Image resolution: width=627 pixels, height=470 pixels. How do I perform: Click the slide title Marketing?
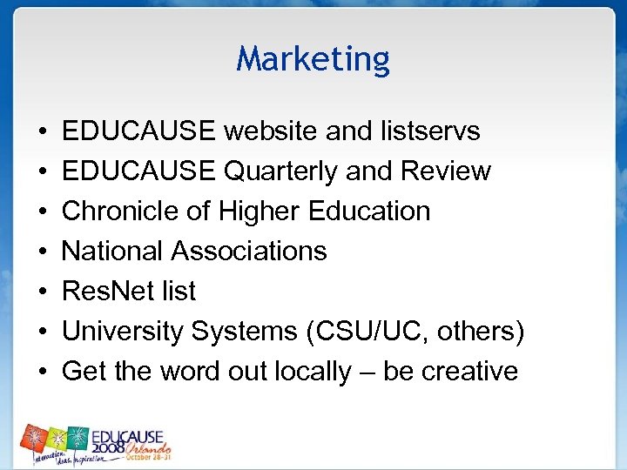[x=313, y=59]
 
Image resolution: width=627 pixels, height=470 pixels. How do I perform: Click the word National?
[x=113, y=252]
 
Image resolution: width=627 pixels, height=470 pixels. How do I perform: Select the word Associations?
[x=249, y=252]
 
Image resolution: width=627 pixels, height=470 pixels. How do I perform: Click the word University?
[x=123, y=332]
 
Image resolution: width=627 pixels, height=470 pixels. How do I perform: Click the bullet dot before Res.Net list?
[x=44, y=292]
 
